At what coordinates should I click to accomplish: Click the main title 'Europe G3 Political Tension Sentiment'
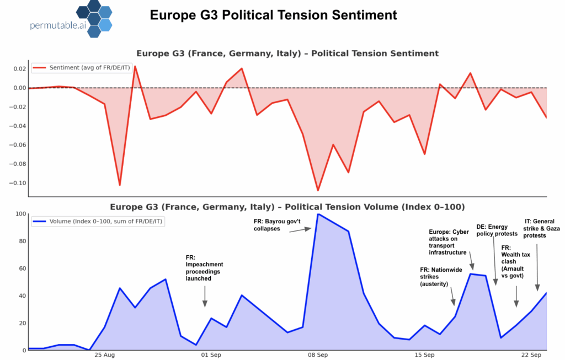click(273, 15)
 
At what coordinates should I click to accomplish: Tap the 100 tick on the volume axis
click(20, 214)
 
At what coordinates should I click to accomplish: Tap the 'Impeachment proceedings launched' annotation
click(204, 268)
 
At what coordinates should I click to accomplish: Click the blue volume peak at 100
click(318, 214)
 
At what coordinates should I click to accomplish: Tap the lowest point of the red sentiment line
click(318, 191)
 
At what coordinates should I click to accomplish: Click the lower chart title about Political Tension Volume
click(287, 207)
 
